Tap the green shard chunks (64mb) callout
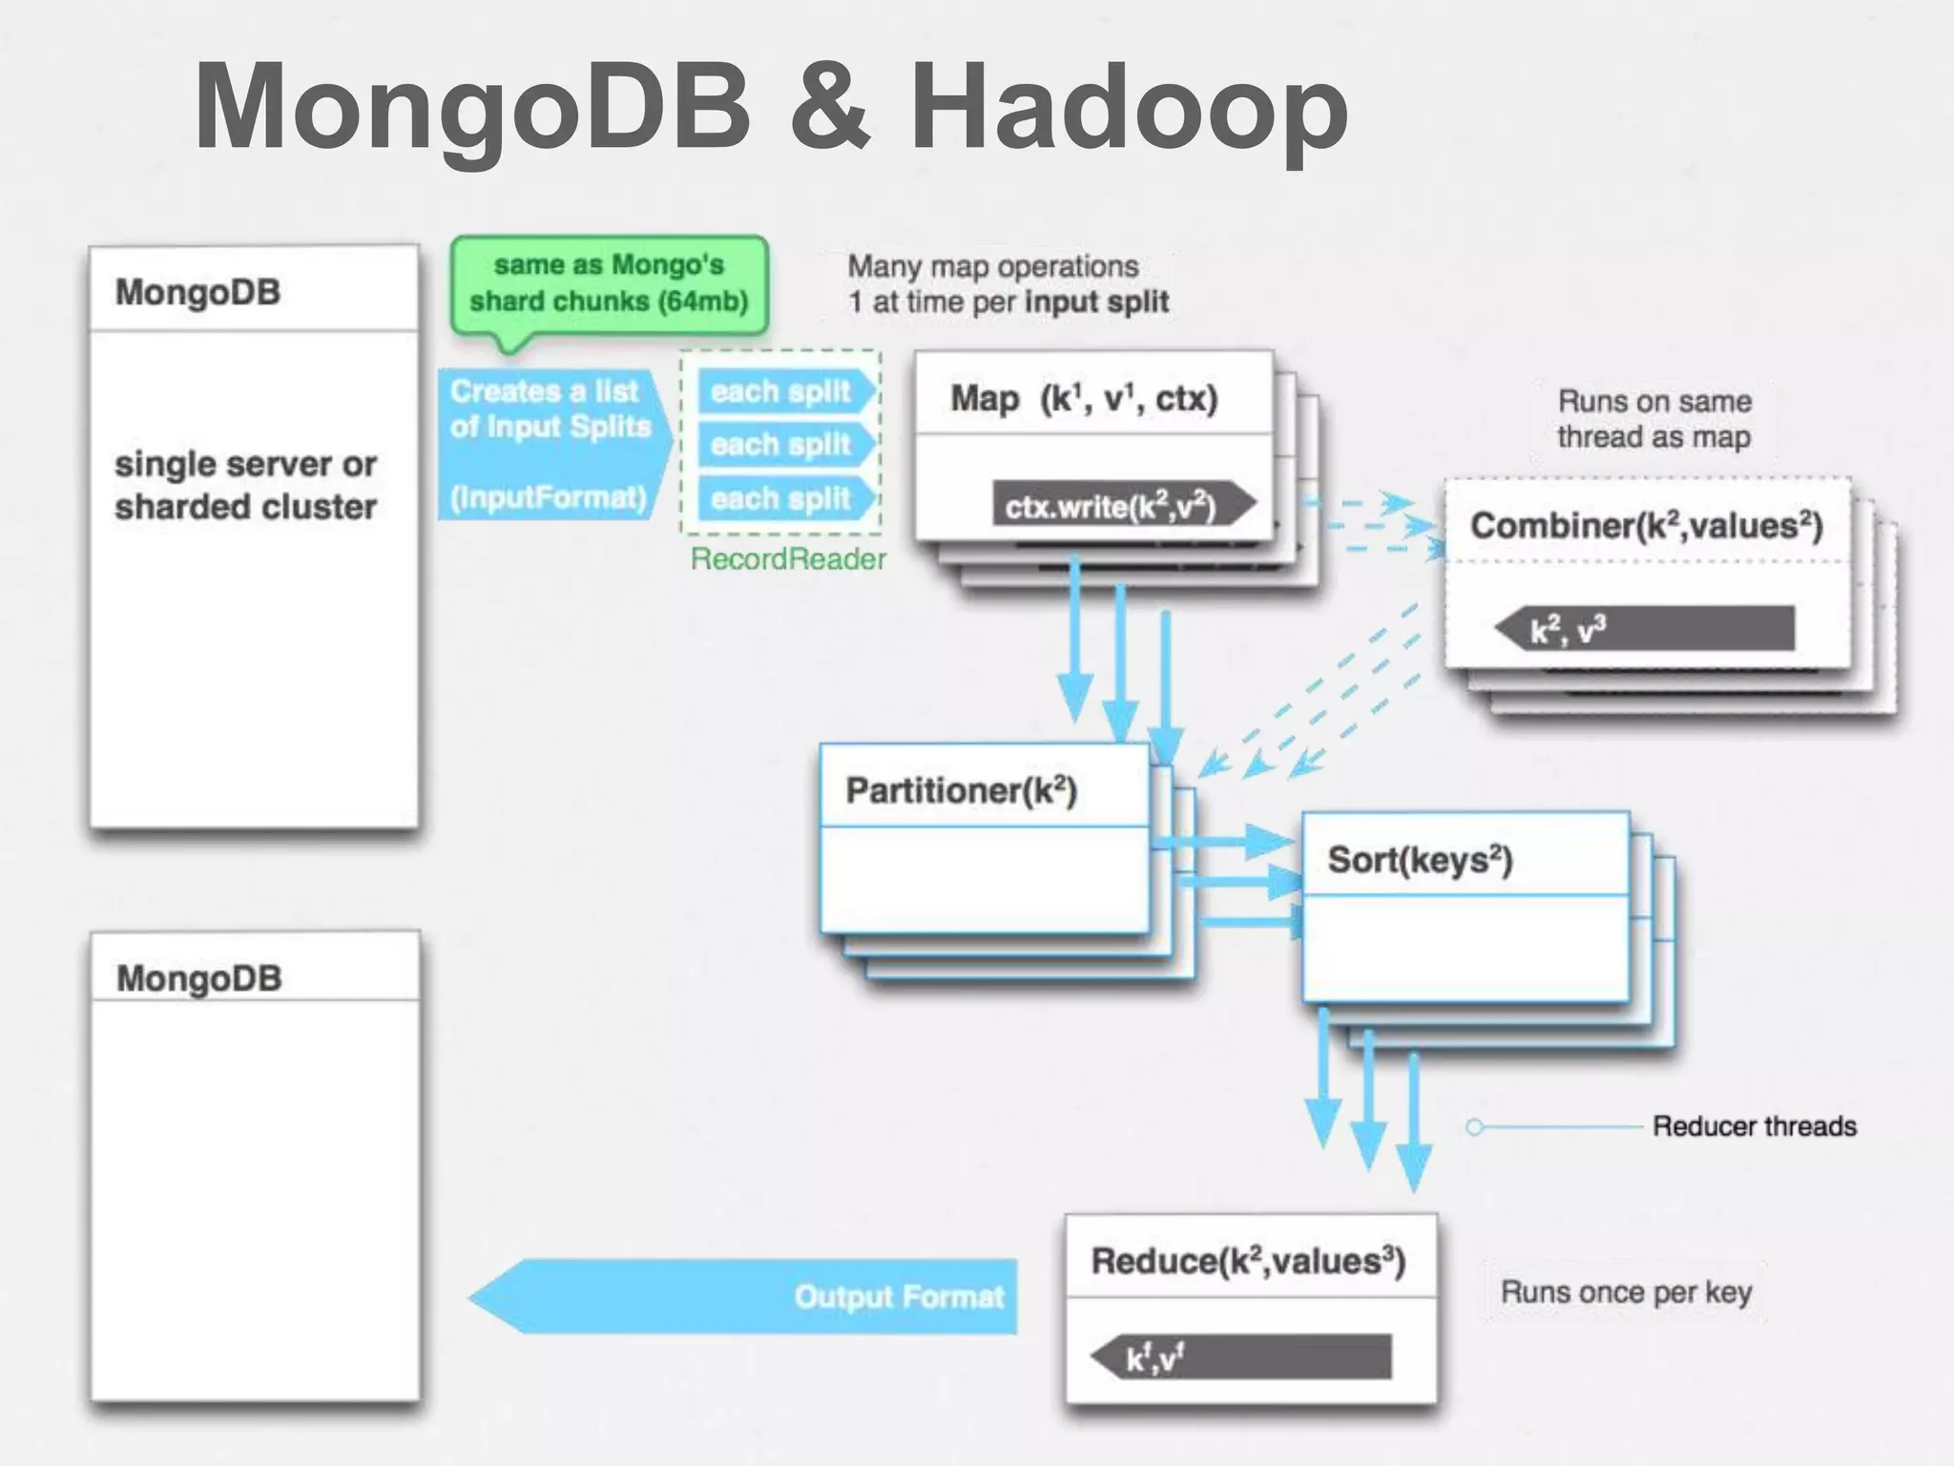coord(609,283)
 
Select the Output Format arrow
coord(744,1296)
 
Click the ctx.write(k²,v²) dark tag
coord(1122,507)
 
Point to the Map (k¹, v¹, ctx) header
coord(1084,398)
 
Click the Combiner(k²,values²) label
coord(1646,526)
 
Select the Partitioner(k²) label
coord(961,790)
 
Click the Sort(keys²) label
coord(1420,860)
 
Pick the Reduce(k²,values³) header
coord(1248,1261)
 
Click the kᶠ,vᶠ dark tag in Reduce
coord(1240,1357)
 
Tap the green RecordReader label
coord(788,559)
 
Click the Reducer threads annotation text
coord(1754,1126)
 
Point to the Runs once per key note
coord(1626,1292)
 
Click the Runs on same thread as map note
coord(1653,419)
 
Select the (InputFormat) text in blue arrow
coord(548,497)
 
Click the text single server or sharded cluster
coord(246,485)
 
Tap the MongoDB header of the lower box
coord(199,978)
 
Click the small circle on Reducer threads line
coord(1474,1127)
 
